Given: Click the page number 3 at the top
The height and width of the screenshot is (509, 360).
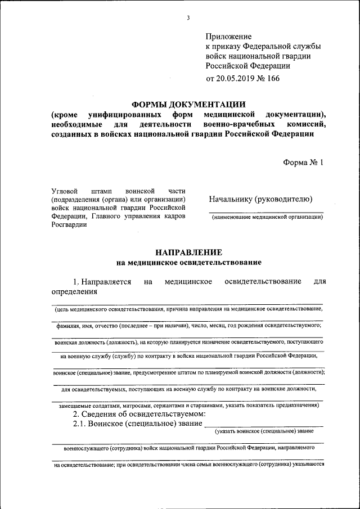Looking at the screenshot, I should coord(188,18).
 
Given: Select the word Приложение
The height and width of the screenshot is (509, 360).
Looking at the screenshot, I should coord(229,37).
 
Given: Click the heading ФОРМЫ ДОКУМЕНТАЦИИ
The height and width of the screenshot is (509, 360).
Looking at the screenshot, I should coord(188,104).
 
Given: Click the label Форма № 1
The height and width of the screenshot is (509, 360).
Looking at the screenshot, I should coord(304,163).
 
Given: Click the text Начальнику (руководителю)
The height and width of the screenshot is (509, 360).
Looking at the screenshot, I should coord(260,199).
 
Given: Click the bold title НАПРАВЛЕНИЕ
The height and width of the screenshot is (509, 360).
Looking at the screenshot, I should coord(188,252).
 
